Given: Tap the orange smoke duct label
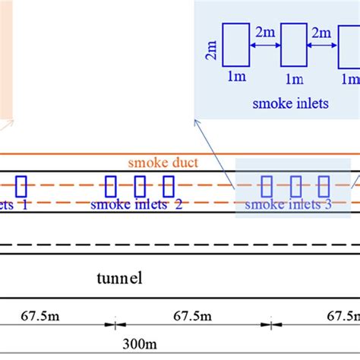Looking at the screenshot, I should (x=158, y=162).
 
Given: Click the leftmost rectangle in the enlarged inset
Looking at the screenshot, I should (x=235, y=45).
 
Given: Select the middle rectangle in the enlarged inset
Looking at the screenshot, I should (x=293, y=45).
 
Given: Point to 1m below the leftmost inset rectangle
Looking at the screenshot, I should (x=235, y=78).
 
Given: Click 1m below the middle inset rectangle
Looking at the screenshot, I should (x=293, y=78).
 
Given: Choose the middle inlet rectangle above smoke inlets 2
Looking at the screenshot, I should (x=140, y=186).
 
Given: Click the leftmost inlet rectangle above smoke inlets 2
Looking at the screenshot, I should (x=111, y=186).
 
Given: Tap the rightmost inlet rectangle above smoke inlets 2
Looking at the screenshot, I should (x=168, y=186).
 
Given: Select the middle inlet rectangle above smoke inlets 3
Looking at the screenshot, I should (x=295, y=186).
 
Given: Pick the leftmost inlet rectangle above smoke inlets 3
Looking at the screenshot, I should (x=267, y=186).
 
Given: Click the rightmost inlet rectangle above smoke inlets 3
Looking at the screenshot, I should (x=324, y=186).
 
